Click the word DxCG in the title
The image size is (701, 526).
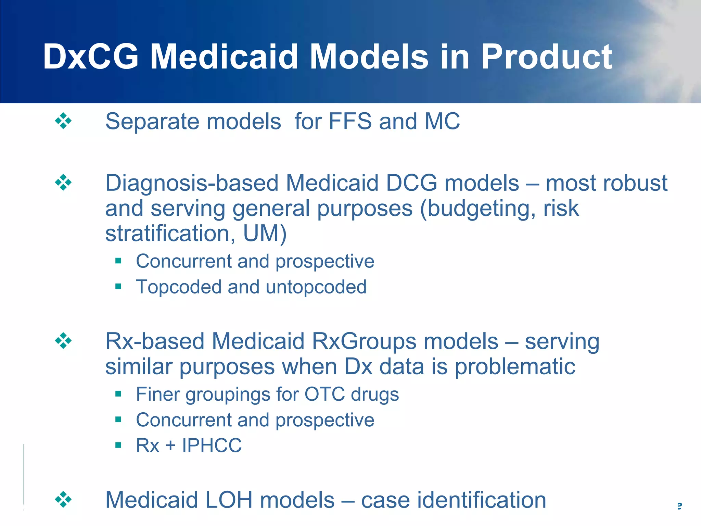tap(91, 57)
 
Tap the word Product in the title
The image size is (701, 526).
tap(546, 57)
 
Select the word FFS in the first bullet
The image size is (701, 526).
tap(350, 121)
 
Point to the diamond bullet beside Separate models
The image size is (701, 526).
tap(63, 121)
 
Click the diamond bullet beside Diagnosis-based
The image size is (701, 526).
tap(63, 182)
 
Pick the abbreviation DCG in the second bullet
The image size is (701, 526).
tap(411, 183)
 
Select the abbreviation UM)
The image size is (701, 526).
tap(265, 234)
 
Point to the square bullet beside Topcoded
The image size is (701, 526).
tap(118, 286)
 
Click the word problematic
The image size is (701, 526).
tap(515, 367)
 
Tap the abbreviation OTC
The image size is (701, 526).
tap(324, 394)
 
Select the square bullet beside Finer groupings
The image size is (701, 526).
tap(118, 394)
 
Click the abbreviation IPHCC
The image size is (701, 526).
tap(212, 446)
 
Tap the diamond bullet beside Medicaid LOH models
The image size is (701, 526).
tap(63, 500)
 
